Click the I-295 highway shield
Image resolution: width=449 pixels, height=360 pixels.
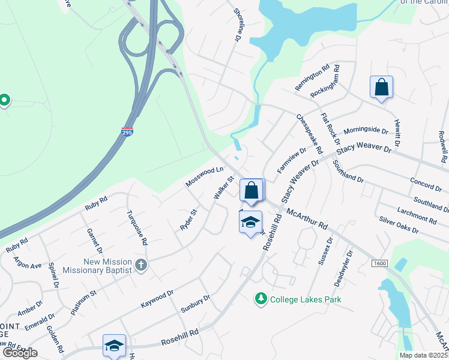pos(127,132)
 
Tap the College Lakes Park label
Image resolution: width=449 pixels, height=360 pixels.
pos(306,299)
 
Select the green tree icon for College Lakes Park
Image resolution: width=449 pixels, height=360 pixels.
pos(261,298)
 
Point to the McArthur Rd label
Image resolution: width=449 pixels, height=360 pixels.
pos(307,218)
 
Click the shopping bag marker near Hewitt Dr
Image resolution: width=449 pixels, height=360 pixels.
pos(381,88)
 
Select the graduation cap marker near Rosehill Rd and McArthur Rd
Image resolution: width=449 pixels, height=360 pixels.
pos(250,223)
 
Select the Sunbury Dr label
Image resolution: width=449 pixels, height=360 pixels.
pos(195,304)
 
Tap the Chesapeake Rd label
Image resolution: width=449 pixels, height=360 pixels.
pos(309,133)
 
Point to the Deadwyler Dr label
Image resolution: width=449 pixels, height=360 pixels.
pos(343,268)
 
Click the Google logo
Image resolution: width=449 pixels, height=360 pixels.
pos(19,353)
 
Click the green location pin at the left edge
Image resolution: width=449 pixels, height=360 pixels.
pos(5,100)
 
